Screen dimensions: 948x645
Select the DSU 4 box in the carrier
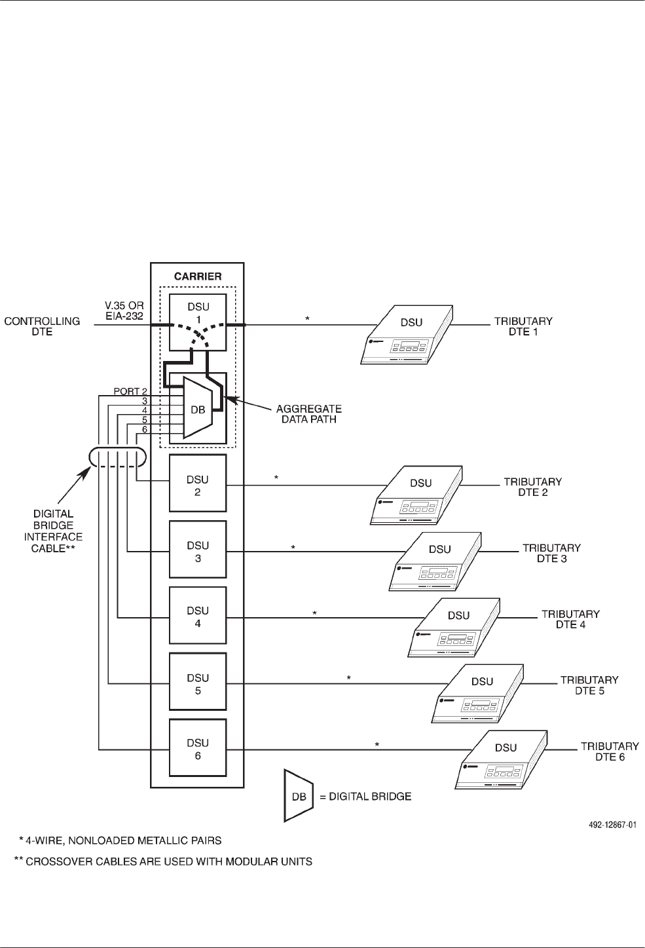tap(197, 616)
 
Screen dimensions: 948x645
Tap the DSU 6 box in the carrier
tap(197, 748)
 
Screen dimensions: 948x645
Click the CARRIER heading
tap(197, 276)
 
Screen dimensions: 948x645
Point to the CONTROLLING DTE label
tap(43, 326)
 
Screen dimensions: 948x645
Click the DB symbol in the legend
tap(298, 796)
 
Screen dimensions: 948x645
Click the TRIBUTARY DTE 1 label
tap(522, 326)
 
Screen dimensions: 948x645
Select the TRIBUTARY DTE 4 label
tap(570, 619)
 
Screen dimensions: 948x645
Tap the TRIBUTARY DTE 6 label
tap(609, 751)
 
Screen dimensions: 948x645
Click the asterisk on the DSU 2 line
tap(276, 478)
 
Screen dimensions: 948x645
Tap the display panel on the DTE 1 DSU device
tap(399, 344)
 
